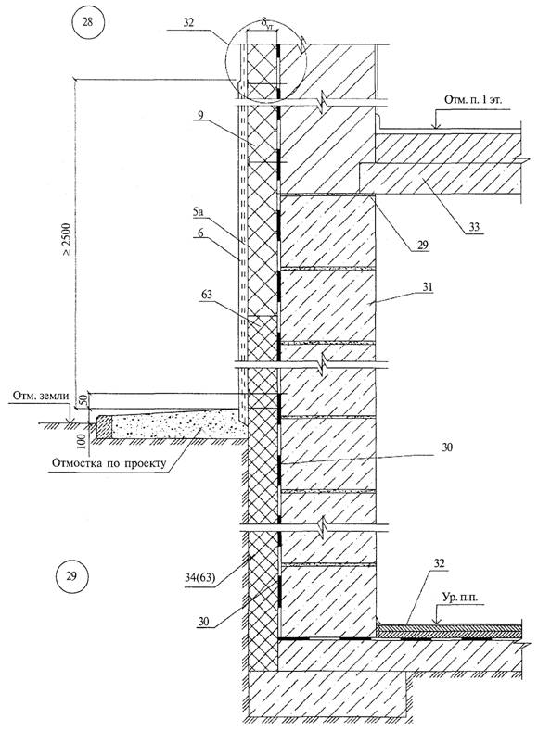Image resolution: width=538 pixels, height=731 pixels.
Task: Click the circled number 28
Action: (x=88, y=22)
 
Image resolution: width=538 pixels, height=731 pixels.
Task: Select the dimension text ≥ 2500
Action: (x=67, y=239)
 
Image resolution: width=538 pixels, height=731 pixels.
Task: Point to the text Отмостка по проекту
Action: (x=109, y=464)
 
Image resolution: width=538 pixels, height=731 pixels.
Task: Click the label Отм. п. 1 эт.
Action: (x=472, y=100)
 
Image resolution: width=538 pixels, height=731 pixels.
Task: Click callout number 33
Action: (x=474, y=228)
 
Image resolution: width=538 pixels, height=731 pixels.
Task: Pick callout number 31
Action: (x=428, y=287)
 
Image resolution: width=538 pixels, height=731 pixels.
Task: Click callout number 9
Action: (x=199, y=114)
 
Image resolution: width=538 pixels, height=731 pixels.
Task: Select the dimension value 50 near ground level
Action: (x=83, y=400)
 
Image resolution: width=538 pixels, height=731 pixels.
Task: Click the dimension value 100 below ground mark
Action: (x=83, y=441)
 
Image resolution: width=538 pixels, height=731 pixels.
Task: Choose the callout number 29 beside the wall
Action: (x=423, y=246)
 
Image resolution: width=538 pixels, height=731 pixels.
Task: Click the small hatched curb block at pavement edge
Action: (x=104, y=426)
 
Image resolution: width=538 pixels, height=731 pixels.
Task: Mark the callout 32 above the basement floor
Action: (x=439, y=563)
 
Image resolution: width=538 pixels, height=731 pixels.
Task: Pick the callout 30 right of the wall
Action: (x=446, y=448)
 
